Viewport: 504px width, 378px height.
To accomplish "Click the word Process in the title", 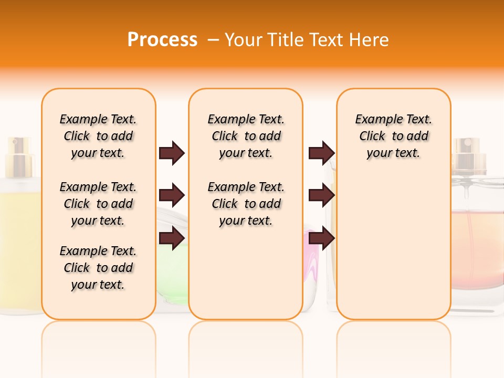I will pyautogui.click(x=162, y=39).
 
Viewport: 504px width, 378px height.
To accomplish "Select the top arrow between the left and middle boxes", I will pyautogui.click(x=172, y=153).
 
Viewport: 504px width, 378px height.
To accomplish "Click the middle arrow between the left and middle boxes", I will pyautogui.click(x=172, y=196).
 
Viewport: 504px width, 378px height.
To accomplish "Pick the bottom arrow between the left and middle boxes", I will pyautogui.click(x=172, y=238).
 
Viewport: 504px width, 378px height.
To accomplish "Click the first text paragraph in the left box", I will pyautogui.click(x=98, y=136).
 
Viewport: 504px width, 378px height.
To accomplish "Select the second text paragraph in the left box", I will pyautogui.click(x=98, y=204).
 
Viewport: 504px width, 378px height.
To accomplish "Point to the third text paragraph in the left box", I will pyautogui.click(x=98, y=268).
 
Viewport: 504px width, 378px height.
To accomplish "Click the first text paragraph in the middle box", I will pyautogui.click(x=246, y=136).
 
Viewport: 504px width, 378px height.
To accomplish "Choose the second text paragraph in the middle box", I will pyautogui.click(x=246, y=204).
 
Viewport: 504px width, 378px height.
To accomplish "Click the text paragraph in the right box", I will pyautogui.click(x=393, y=136).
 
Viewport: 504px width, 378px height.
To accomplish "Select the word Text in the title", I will pyautogui.click(x=325, y=39).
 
